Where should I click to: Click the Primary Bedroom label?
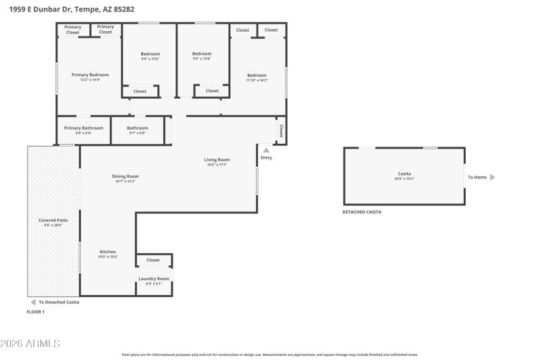[x=90, y=75]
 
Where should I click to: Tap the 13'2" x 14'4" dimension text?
[x=90, y=80]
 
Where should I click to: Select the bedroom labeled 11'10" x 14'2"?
[x=256, y=75]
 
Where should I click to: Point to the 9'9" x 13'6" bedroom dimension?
[x=151, y=59]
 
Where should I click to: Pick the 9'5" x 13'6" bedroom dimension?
[x=202, y=59]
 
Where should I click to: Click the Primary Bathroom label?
[x=84, y=128]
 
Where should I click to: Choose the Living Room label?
[x=217, y=159]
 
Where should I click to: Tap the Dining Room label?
[x=126, y=176]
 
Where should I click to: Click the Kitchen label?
[x=108, y=252]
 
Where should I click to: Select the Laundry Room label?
[x=154, y=278]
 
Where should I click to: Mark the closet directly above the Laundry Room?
[x=153, y=260]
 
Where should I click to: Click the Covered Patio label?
[x=53, y=220]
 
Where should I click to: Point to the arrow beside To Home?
[x=492, y=178]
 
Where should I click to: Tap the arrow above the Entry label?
[x=266, y=150]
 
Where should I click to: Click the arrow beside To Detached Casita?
[x=32, y=302]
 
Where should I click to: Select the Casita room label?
[x=404, y=174]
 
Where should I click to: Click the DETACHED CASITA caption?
[x=362, y=212]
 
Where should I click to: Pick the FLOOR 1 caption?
[x=35, y=312]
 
